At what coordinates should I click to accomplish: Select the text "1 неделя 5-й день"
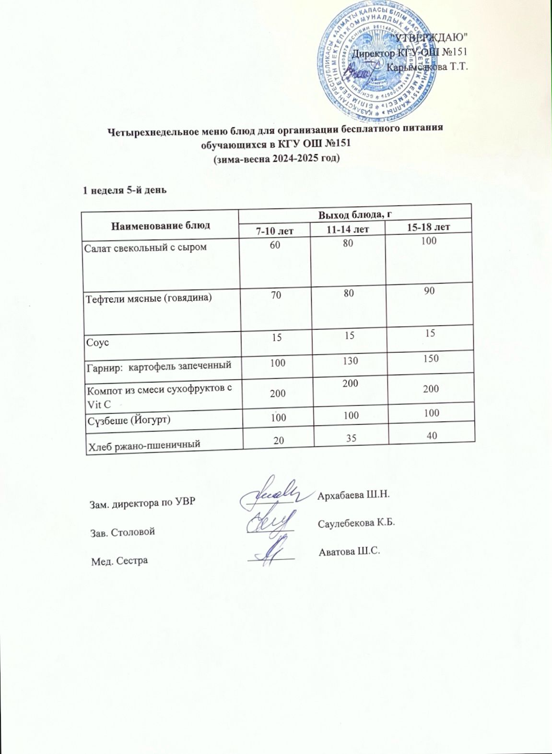pos(125,190)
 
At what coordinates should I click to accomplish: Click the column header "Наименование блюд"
pos(161,225)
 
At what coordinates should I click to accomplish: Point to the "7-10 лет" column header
pos(274,231)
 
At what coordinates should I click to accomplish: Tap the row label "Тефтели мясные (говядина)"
pos(148,298)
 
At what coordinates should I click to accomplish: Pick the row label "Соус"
pos(97,343)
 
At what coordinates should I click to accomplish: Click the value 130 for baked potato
pos(351,360)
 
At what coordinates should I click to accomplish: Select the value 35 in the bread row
pos(352,438)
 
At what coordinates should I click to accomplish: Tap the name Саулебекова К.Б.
pos(356,523)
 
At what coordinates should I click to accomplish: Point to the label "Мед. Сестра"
pos(119,561)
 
